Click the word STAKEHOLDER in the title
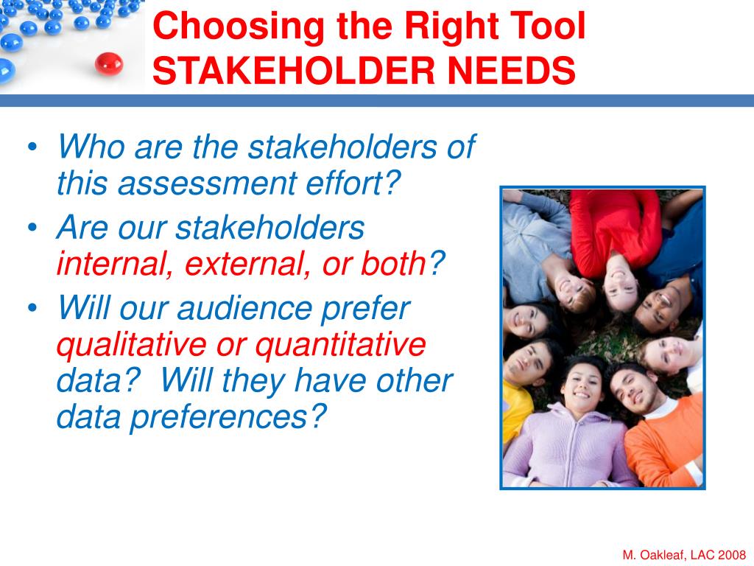click(x=294, y=70)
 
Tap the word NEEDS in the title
click(x=511, y=70)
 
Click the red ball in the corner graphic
click(x=109, y=63)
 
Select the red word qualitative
click(x=132, y=345)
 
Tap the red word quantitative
click(x=340, y=345)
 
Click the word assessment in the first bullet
click(x=207, y=184)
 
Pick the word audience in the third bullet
click(x=245, y=308)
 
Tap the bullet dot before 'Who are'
click(x=32, y=147)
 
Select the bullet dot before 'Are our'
click(x=32, y=227)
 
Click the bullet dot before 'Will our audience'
click(x=32, y=308)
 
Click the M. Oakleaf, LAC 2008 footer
click(x=684, y=555)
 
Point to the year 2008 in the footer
click(x=733, y=555)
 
